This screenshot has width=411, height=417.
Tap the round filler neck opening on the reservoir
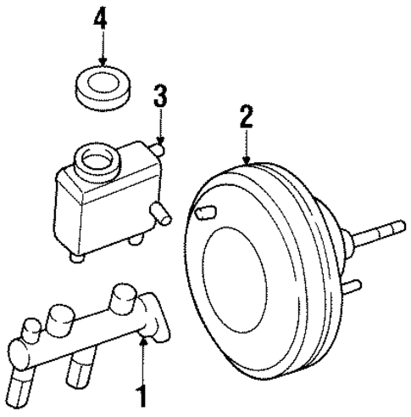(94, 158)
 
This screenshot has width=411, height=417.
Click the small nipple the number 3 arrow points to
(158, 149)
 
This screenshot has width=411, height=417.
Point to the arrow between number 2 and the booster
(246, 149)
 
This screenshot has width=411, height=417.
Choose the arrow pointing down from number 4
(103, 49)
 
